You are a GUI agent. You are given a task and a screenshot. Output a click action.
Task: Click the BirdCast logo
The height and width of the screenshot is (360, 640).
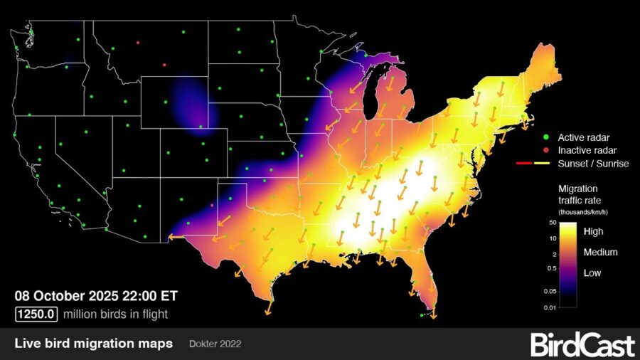tap(582, 345)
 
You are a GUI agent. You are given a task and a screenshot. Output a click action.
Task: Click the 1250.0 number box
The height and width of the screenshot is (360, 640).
tap(37, 313)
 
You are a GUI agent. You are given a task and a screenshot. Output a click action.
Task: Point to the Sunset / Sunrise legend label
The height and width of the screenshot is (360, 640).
tap(584, 164)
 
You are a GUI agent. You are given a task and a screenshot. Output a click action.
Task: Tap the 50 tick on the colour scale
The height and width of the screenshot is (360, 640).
tap(552, 223)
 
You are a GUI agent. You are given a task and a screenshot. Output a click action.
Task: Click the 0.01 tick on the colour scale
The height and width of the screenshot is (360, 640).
tap(550, 307)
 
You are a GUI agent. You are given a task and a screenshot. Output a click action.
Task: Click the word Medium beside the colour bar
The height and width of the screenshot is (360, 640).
tap(600, 252)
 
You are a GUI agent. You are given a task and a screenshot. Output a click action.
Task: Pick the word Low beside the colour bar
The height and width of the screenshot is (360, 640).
tap(592, 273)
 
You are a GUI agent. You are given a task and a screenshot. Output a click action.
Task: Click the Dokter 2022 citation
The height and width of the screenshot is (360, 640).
tap(215, 344)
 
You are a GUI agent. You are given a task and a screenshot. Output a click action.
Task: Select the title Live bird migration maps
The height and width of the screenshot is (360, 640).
tap(93, 344)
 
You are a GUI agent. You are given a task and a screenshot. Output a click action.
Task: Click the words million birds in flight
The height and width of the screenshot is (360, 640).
tap(116, 313)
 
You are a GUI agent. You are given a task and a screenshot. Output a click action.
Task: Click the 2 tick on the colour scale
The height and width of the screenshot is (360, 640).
tap(554, 253)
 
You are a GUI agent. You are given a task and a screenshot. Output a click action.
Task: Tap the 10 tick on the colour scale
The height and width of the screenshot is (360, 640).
tap(552, 238)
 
